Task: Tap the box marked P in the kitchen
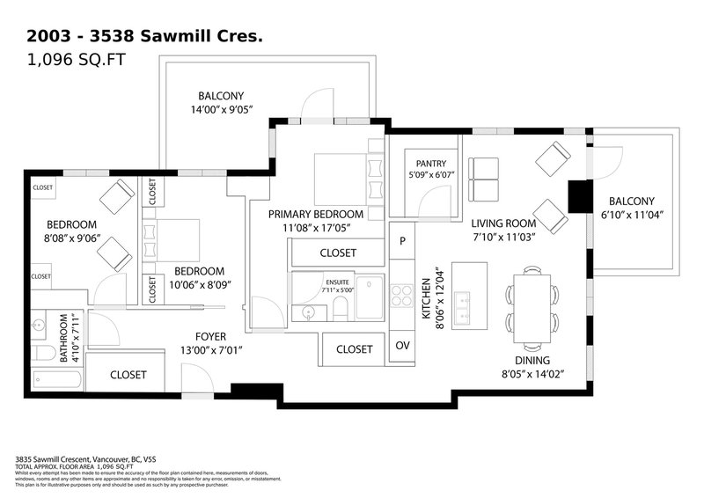402,240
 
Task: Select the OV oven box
402,346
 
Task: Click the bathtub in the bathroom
57,379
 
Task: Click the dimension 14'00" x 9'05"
221,111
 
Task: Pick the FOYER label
212,336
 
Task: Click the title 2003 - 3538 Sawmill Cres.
145,37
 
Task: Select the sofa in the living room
484,178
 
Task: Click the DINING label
532,361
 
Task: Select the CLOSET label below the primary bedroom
337,253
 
